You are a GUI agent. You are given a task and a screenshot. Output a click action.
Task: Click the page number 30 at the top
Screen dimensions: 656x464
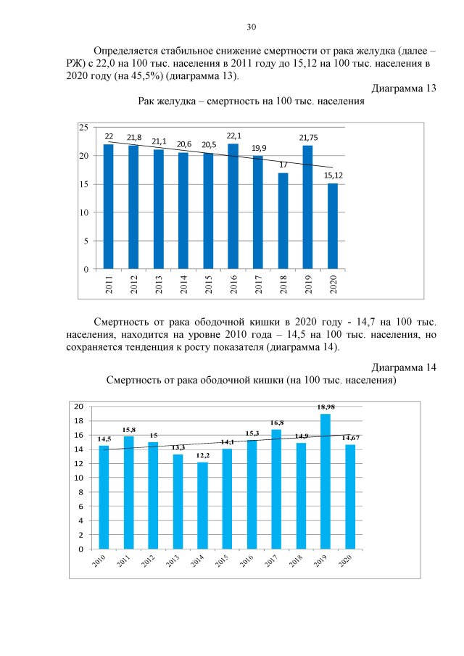click(x=251, y=27)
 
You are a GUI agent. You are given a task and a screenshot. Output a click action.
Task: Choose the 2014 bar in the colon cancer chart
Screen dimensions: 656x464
click(x=202, y=505)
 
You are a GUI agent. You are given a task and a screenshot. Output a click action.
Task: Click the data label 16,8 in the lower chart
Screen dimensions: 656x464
click(x=276, y=422)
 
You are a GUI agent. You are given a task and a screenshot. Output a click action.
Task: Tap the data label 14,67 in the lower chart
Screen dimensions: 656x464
click(x=351, y=437)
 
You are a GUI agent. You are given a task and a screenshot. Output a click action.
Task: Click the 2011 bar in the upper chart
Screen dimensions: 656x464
click(x=109, y=207)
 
